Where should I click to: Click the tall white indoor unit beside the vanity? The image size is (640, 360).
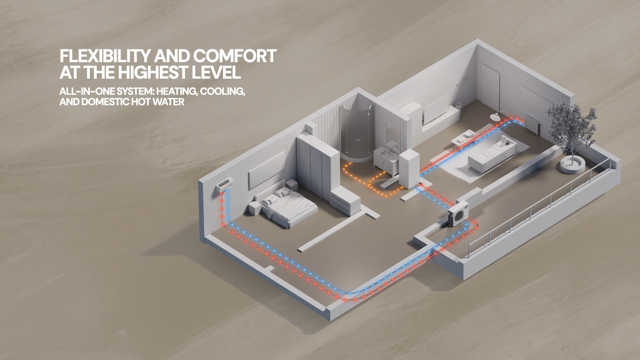409,169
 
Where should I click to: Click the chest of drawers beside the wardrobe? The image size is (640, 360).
345,200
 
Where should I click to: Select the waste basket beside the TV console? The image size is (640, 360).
458,106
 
